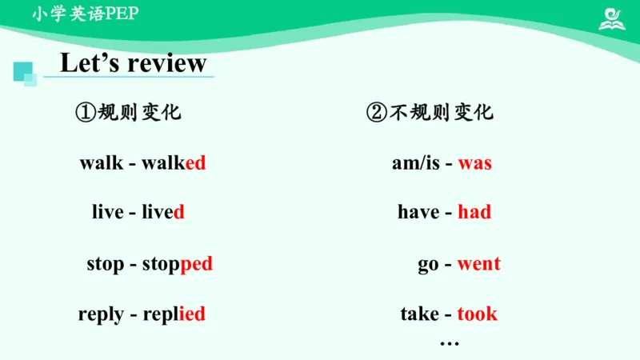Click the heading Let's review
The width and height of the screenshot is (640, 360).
[x=134, y=62]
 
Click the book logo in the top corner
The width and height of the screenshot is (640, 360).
[x=612, y=18]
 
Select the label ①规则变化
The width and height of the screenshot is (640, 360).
[x=129, y=113]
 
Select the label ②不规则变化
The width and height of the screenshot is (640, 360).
[x=430, y=113]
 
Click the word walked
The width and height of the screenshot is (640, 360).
[x=174, y=163]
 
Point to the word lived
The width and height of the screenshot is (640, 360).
[x=163, y=212]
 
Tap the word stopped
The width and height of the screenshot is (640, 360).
[x=177, y=264]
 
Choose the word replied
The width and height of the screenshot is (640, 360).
[x=174, y=314]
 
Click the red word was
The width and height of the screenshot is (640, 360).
[x=474, y=163]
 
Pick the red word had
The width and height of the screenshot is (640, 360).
[x=474, y=212]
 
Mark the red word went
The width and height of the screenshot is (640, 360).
[x=478, y=264]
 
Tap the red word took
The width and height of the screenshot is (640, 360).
[x=477, y=314]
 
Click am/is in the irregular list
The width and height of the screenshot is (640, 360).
[x=416, y=163]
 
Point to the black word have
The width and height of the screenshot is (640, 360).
[x=418, y=212]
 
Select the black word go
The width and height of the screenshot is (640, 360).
[x=428, y=265]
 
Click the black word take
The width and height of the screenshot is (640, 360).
[x=420, y=314]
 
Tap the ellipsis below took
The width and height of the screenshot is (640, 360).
[x=450, y=342]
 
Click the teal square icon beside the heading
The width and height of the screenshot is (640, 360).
[x=25, y=73]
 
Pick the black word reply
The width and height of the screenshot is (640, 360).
[x=101, y=314]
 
